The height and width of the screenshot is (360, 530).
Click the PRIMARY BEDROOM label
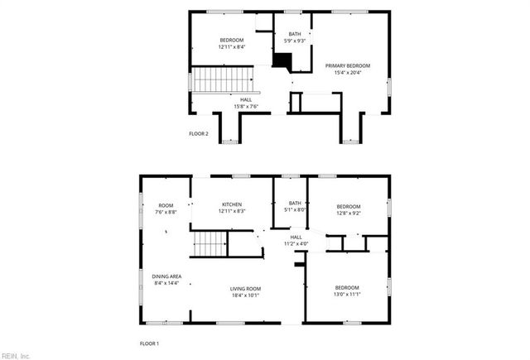point(348,66)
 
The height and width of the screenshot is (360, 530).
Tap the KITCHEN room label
point(232,204)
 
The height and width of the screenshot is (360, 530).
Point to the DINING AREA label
point(167,276)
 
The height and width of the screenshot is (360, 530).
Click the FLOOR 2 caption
point(199,133)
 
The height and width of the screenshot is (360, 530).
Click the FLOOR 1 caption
point(149,342)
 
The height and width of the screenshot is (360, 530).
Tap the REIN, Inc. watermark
point(16,356)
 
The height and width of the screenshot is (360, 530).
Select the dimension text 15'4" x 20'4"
point(348,73)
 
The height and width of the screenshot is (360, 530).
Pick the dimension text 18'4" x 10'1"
point(248,295)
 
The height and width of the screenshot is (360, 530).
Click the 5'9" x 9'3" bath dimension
point(295,41)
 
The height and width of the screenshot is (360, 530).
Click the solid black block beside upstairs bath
point(284,61)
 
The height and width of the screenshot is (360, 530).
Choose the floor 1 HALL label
point(296,237)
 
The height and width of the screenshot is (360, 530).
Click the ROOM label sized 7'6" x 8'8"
point(166,205)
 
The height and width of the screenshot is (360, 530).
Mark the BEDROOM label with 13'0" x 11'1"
point(348,287)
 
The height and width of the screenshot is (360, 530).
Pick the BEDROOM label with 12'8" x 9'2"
point(349,206)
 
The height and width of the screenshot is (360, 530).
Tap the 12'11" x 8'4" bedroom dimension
point(232,47)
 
